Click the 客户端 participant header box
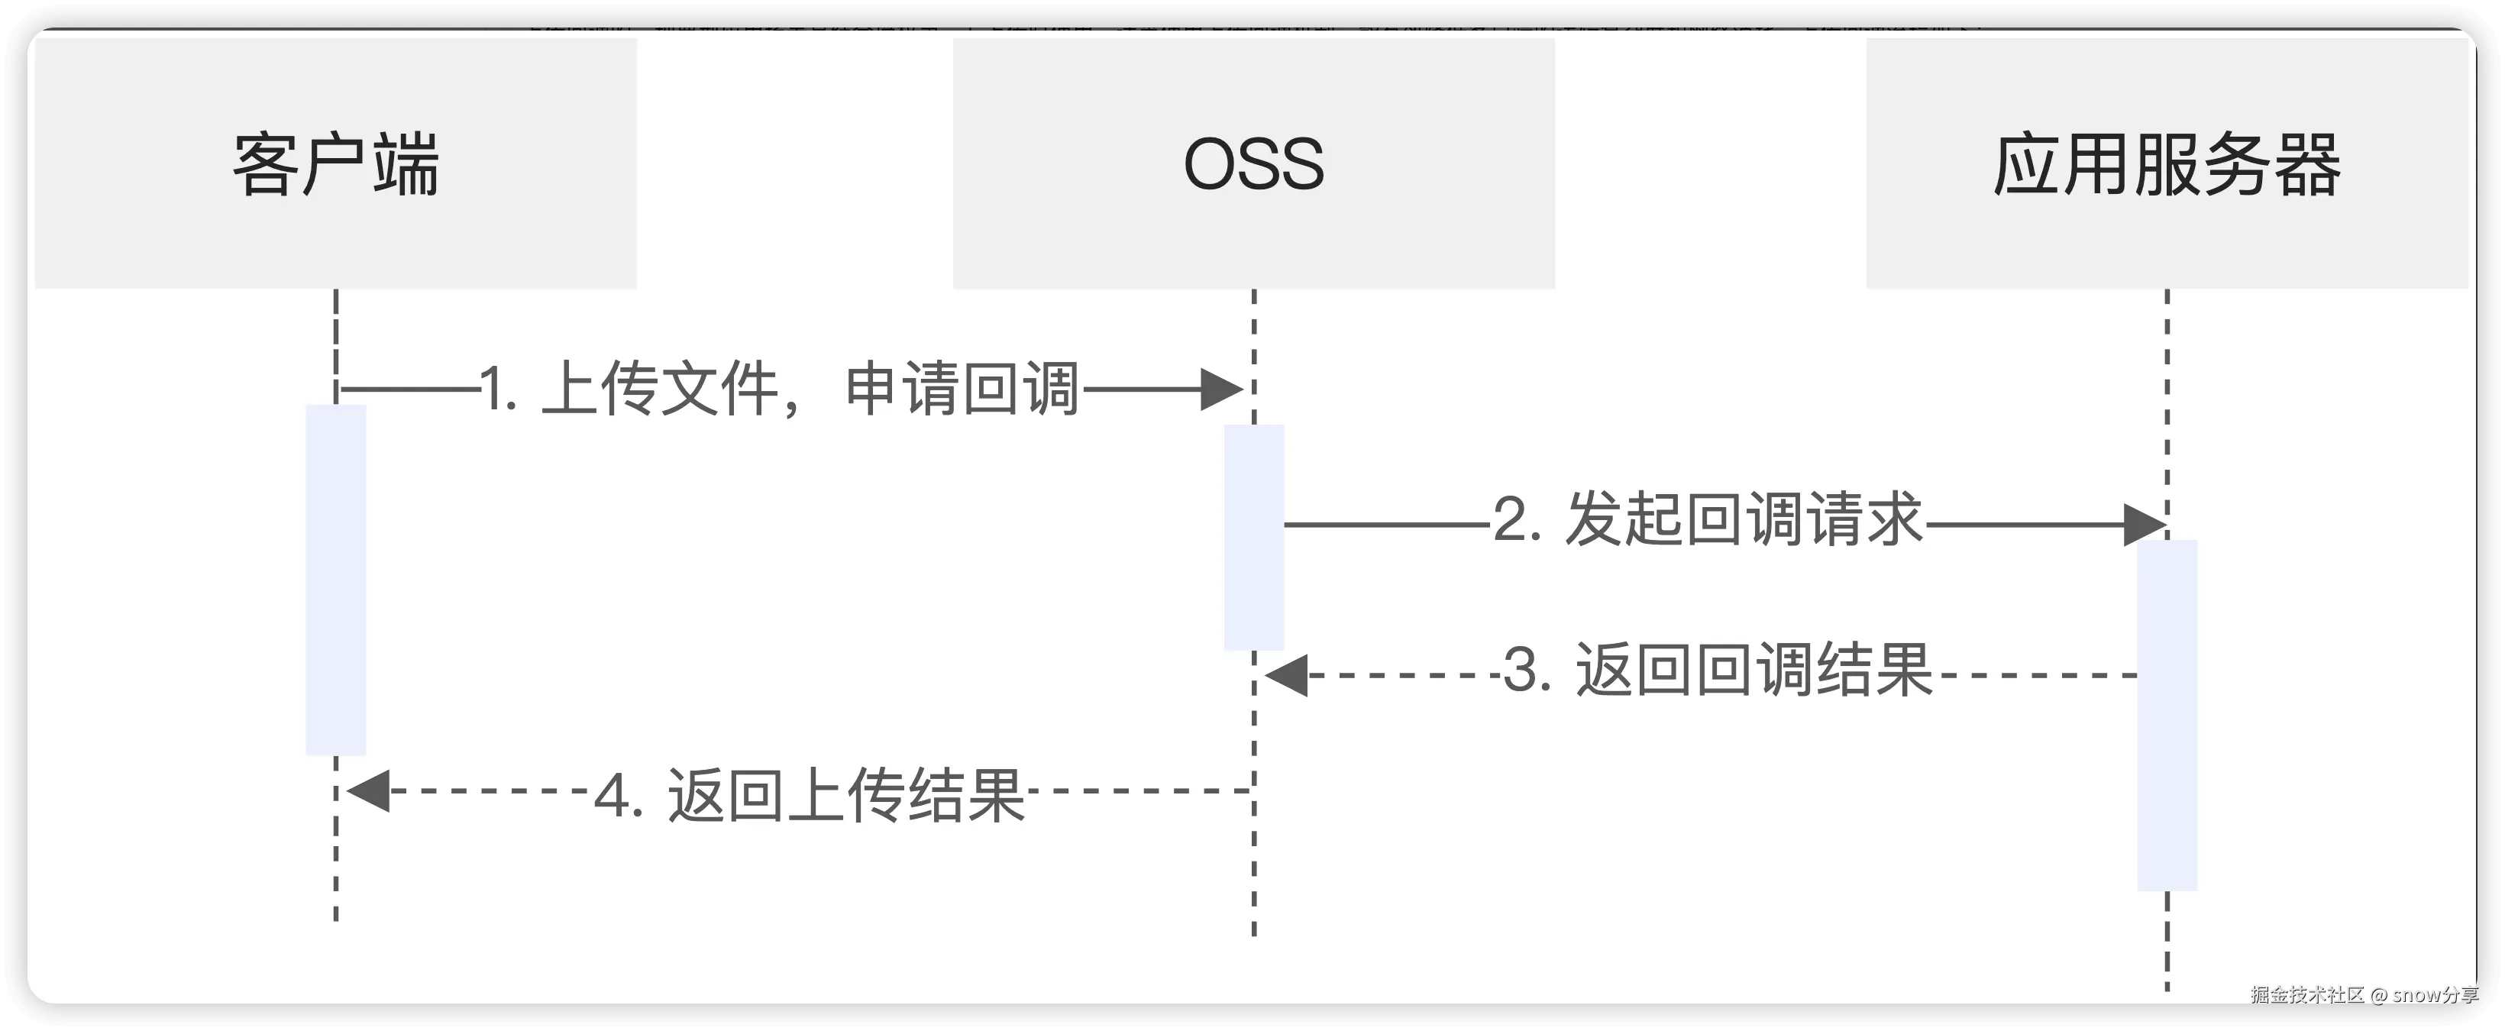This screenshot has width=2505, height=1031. tap(335, 163)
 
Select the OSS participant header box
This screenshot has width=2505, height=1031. tap(1253, 163)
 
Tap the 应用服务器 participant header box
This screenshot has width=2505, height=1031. tap(2167, 163)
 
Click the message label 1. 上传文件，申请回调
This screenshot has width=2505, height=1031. tap(780, 389)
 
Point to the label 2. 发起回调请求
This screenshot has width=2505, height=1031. tap(1708, 519)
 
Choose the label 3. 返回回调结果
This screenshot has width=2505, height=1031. tap(1718, 671)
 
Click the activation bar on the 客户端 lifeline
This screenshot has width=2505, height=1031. tap(335, 580)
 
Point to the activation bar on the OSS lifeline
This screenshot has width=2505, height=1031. tap(1253, 537)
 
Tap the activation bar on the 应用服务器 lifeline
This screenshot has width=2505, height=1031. tap(2167, 715)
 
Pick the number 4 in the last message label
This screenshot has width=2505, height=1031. tap(612, 796)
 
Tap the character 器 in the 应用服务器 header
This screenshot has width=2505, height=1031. tap(2306, 163)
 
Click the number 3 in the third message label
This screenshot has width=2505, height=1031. tap(1521, 671)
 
